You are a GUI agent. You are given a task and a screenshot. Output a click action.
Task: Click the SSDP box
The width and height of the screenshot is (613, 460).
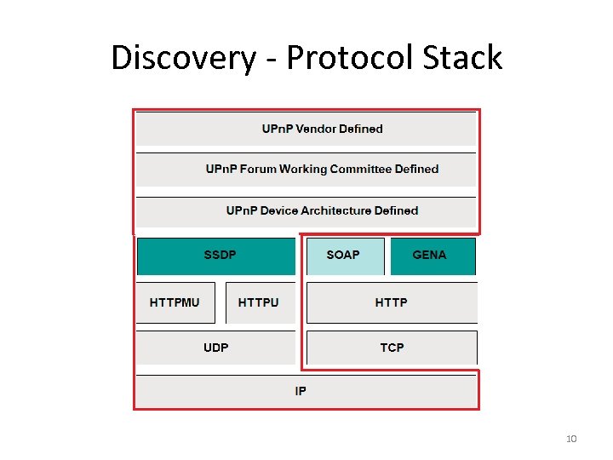point(217,256)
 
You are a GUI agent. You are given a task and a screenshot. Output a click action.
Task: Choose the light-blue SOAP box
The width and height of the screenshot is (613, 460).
point(343,256)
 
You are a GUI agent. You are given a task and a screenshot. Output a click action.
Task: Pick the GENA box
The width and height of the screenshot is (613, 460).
point(430,256)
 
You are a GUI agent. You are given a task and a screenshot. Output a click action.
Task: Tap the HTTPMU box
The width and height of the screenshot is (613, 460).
point(175,302)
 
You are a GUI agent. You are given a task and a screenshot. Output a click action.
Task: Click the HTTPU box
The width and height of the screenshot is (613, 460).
point(259,302)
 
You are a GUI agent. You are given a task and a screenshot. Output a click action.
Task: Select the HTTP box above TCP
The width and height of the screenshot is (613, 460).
point(391,302)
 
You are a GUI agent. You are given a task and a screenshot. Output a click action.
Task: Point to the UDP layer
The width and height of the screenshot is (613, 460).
point(215,348)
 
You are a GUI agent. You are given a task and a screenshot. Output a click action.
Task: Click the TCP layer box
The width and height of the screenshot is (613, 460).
point(392,348)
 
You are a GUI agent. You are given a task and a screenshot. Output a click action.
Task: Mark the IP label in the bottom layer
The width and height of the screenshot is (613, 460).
point(301,391)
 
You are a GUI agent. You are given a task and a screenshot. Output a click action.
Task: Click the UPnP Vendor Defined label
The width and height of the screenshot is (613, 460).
point(322,129)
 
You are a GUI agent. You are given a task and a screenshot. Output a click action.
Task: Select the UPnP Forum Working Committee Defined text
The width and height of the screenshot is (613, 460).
point(322,169)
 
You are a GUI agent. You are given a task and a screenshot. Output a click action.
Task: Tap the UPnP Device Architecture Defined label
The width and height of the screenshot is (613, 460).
point(322,210)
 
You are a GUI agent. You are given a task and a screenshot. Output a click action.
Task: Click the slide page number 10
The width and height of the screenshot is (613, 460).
point(571,439)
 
